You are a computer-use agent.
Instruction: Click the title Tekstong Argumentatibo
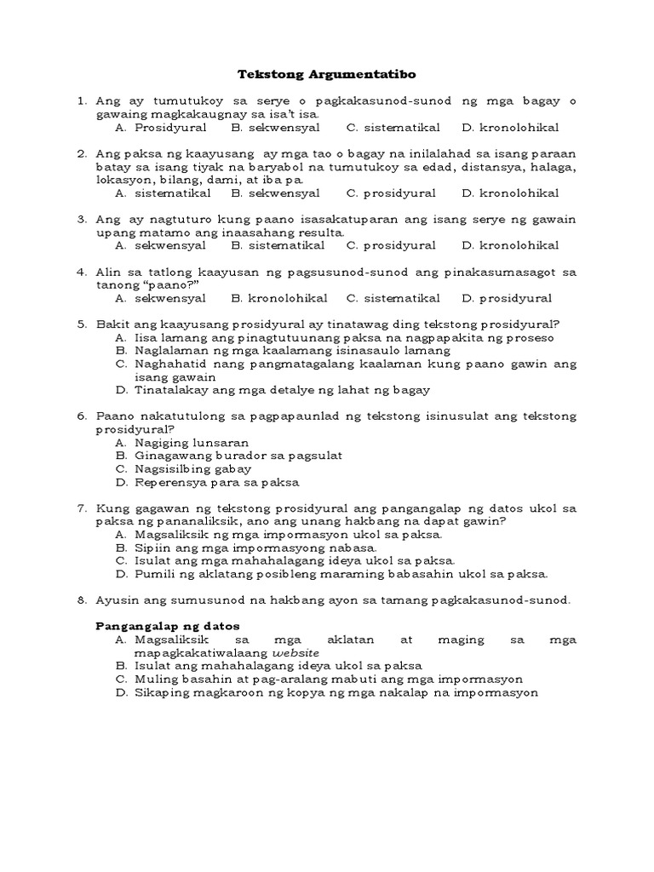(x=326, y=74)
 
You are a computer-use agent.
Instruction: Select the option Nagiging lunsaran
(x=192, y=443)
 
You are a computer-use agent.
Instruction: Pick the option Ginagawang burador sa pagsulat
(x=238, y=456)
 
